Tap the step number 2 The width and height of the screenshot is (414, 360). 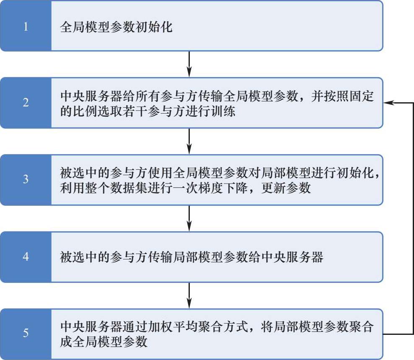click(x=26, y=102)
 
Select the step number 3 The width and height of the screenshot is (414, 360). click(x=26, y=179)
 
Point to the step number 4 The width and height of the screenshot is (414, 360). click(x=26, y=256)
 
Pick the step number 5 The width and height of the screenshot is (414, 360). click(x=26, y=334)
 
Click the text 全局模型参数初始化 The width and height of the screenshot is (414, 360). click(x=116, y=28)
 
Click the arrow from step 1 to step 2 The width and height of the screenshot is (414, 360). click(x=189, y=64)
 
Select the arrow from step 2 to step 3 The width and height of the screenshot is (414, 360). click(x=189, y=141)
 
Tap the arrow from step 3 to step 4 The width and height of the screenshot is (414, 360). click(x=189, y=218)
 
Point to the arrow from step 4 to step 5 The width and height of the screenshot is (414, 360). click(x=189, y=295)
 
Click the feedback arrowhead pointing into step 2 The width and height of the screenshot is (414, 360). click(x=389, y=103)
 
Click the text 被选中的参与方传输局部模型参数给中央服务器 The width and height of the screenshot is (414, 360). click(x=191, y=257)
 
